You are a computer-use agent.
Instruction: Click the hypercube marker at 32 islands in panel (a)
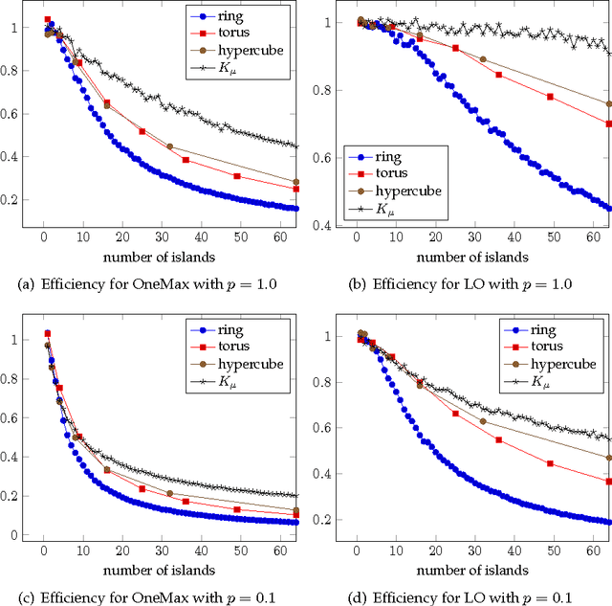pos(169,146)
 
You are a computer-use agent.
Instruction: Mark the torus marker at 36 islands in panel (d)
pos(499,439)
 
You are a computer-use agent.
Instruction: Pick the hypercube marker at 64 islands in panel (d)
pos(609,458)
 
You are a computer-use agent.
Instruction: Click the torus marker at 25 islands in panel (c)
pos(142,488)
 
